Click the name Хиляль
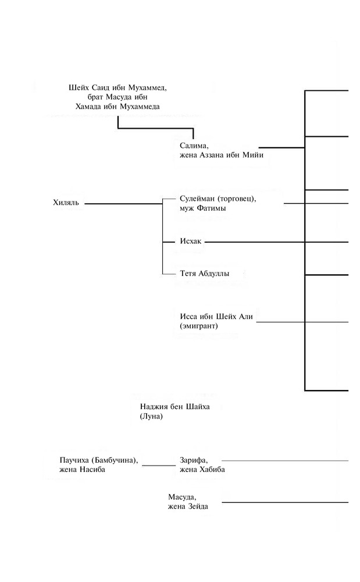click(66, 203)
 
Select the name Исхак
click(191, 242)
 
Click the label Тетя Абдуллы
click(204, 274)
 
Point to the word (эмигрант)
click(199, 327)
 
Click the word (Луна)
click(151, 417)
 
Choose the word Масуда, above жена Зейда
click(182, 498)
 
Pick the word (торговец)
click(236, 198)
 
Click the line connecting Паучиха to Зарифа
click(159, 465)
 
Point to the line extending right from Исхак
click(277, 242)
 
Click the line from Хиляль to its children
click(123, 204)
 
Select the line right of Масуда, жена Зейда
click(285, 503)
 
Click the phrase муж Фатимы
click(203, 208)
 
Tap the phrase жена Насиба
click(82, 470)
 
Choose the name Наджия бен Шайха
click(174, 407)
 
